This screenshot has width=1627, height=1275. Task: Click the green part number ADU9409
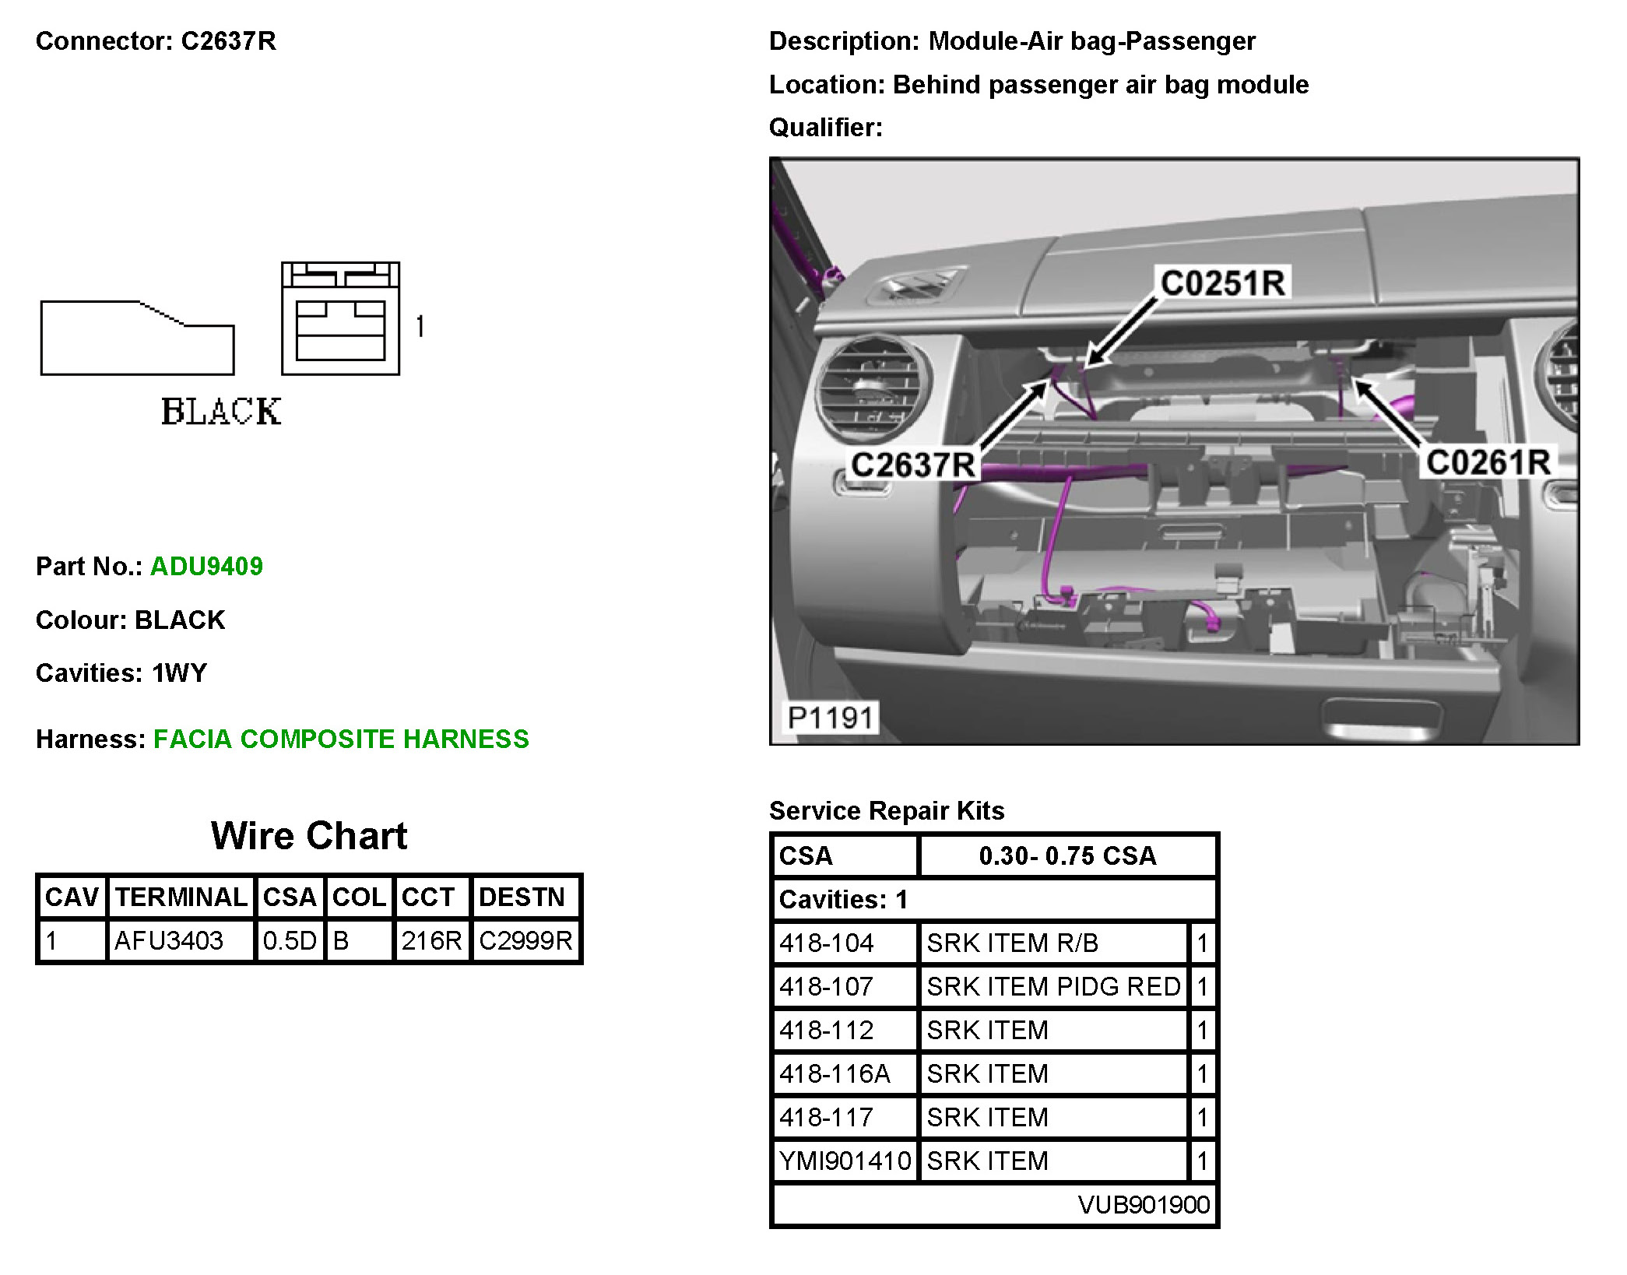206,566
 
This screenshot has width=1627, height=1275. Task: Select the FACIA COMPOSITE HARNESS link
341,739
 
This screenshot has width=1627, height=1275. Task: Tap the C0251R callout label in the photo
1222,283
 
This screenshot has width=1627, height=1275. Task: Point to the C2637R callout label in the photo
912,465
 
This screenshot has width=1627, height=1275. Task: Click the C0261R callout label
1488,462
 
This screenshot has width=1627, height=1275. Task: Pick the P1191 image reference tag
830,717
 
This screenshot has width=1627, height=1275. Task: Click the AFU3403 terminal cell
169,940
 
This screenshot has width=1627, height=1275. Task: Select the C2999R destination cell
525,940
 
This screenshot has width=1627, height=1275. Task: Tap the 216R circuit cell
431,940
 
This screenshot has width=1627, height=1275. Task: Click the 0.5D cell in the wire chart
289,940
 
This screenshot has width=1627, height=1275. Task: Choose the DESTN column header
522,897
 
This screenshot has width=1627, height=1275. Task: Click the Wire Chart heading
309,836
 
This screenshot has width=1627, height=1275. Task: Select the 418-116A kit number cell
835,1073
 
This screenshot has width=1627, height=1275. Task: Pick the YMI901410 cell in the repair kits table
845,1161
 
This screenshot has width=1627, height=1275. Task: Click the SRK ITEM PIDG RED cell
1053,986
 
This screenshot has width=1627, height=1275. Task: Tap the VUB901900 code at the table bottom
1144,1204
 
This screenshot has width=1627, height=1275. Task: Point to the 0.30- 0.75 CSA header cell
1067,855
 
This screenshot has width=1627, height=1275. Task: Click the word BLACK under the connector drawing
221,412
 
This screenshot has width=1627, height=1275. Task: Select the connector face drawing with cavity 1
341,319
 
